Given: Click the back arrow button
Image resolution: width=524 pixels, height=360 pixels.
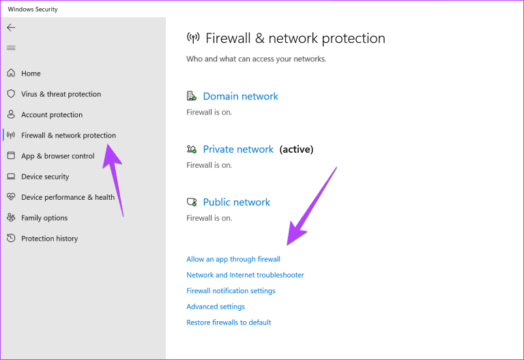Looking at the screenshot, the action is [x=11, y=27].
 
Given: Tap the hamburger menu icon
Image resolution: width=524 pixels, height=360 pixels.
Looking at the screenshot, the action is [x=11, y=48].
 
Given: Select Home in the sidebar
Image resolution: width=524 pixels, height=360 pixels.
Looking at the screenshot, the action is [x=31, y=74].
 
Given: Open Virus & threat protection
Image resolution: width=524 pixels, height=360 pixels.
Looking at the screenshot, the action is [x=61, y=94].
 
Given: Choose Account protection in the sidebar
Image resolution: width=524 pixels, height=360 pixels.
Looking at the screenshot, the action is [x=52, y=115].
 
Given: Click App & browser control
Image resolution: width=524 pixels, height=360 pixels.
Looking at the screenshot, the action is [x=58, y=156].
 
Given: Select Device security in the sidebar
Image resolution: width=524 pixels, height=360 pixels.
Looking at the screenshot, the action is [x=45, y=177].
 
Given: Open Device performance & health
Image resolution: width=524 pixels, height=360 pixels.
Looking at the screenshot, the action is [x=68, y=197].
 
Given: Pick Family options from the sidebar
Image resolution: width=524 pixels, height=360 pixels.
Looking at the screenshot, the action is [x=44, y=218].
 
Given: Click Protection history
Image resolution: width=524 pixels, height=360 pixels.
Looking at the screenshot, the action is [x=49, y=239].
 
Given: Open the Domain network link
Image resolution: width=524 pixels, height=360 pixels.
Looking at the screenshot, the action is [x=241, y=96].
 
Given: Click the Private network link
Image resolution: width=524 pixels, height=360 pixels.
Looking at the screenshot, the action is [x=238, y=149].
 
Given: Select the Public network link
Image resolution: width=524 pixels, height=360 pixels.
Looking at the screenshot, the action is [x=237, y=202].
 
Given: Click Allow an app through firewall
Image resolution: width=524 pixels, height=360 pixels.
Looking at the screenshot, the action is [x=233, y=259].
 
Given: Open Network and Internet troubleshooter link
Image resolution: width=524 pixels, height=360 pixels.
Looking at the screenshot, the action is [x=246, y=275].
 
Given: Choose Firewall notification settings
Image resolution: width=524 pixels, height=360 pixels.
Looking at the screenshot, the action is [x=231, y=291].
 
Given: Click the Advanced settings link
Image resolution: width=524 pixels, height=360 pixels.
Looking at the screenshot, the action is [x=216, y=307].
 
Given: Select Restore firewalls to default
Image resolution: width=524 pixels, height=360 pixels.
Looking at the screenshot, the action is [x=229, y=322].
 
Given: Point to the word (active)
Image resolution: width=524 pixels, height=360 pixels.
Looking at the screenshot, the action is [x=296, y=149].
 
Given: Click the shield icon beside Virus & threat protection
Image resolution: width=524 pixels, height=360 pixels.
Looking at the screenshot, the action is [x=11, y=93].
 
